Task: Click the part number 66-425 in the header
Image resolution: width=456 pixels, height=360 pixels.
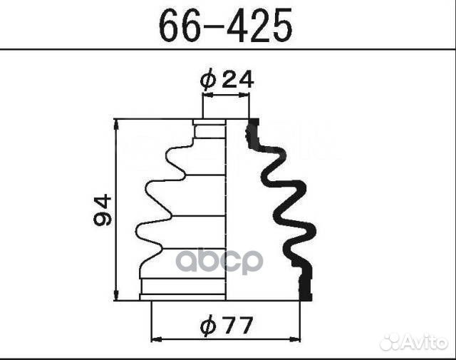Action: (226, 26)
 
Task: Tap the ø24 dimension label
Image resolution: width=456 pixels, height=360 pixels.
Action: (227, 80)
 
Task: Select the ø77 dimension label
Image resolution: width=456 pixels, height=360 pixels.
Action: (226, 326)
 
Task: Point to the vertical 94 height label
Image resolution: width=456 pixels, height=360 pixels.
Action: (103, 210)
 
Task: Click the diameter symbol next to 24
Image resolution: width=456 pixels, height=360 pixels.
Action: (208, 80)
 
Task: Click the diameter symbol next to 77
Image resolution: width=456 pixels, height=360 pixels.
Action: (208, 326)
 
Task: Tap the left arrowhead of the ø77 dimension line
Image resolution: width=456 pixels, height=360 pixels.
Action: (157, 339)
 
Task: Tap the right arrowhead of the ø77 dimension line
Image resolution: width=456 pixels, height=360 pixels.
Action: (295, 339)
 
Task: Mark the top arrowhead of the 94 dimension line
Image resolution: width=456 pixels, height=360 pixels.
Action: (116, 125)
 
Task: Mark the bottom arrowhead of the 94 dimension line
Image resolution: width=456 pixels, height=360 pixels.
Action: (116, 295)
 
